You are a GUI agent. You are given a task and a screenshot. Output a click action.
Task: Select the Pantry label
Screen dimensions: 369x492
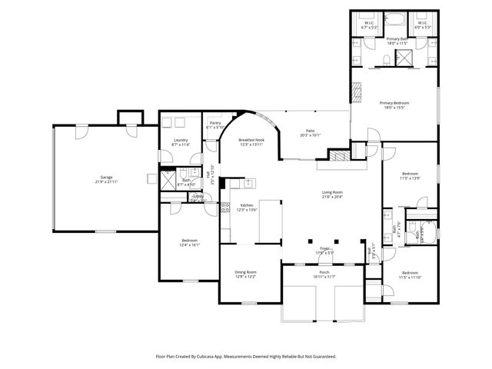(215, 123)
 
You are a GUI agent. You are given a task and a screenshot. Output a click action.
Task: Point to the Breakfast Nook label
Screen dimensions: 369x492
(251, 139)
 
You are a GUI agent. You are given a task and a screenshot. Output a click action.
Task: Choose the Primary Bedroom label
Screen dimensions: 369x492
(394, 103)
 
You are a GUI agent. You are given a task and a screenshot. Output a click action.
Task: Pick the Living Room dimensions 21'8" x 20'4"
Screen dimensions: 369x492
(332, 197)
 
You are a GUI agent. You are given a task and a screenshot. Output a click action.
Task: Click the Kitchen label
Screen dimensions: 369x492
(247, 205)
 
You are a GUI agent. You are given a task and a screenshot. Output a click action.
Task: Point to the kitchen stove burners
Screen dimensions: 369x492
(226, 207)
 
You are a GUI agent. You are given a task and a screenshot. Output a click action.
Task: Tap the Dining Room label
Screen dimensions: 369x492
(245, 272)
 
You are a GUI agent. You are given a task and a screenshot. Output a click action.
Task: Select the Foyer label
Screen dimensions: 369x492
(324, 248)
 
